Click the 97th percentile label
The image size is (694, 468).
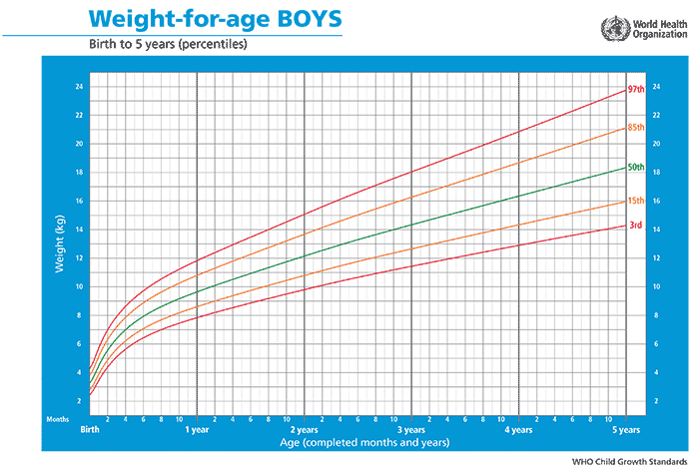click(634, 90)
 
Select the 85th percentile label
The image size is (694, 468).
click(634, 128)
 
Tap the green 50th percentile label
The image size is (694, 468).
click(634, 166)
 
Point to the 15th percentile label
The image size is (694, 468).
click(634, 204)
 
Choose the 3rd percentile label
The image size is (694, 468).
click(633, 226)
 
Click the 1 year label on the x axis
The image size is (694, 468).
click(197, 430)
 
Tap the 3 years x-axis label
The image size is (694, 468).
click(411, 430)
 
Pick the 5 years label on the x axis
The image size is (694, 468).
click(626, 430)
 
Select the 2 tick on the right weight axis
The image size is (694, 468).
click(656, 400)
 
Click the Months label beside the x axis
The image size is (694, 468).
click(58, 419)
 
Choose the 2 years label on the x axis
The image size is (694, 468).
click(304, 430)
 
